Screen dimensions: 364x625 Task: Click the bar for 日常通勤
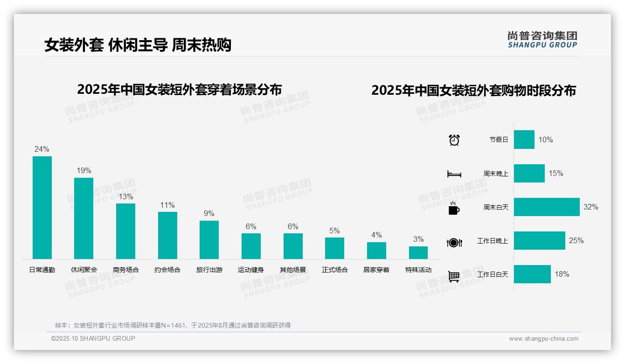[x=42, y=207]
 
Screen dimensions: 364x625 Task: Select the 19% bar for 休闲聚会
[x=84, y=218]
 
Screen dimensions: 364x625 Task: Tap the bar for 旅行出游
[x=209, y=239]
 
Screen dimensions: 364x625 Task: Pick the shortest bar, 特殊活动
[x=418, y=252]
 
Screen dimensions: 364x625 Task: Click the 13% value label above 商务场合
[x=125, y=196]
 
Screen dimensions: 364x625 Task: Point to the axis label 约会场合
[x=167, y=270]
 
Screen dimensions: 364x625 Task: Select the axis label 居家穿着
[x=376, y=270]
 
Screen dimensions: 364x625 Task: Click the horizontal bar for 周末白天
[x=547, y=207]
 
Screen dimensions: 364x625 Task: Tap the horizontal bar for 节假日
[x=524, y=140]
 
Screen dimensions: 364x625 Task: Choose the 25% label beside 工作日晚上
[x=576, y=240]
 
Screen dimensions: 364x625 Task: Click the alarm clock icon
[x=454, y=140]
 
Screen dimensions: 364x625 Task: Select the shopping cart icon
[x=454, y=276]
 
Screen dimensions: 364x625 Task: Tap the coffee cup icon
[x=454, y=209]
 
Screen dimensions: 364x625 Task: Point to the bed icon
[x=454, y=174]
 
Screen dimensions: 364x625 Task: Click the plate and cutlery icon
[x=454, y=243]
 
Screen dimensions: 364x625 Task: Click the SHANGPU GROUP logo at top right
[x=542, y=39]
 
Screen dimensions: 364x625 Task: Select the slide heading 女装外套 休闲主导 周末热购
[x=138, y=45]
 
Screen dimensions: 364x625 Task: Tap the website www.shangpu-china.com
[x=543, y=339]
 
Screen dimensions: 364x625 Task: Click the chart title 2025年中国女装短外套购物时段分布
[x=473, y=90]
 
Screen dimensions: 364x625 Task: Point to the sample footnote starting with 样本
[x=173, y=325]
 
